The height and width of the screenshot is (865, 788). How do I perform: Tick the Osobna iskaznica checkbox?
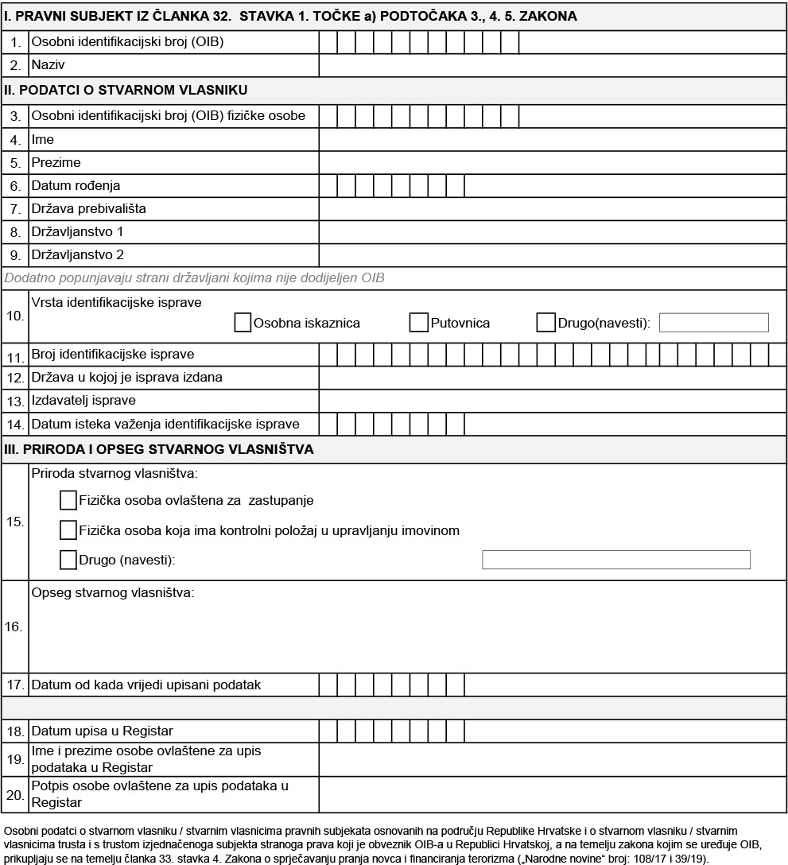pos(243,323)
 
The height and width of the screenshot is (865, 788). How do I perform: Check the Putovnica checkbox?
pos(418,323)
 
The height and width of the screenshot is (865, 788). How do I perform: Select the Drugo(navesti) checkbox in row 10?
pos(545,323)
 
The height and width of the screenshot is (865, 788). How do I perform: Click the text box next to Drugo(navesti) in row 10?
pos(713,323)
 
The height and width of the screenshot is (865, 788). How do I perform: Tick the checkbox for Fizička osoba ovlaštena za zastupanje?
pos(68,501)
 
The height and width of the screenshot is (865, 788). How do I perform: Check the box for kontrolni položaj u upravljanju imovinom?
pos(68,530)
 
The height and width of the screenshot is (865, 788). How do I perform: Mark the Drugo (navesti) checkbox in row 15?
pos(68,560)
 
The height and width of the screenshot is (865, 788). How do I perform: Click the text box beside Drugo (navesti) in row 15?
pos(615,560)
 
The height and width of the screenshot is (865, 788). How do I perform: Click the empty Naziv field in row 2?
pos(552,65)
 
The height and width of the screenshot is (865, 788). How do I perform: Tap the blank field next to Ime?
pos(552,140)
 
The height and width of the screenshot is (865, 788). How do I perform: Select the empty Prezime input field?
pos(552,163)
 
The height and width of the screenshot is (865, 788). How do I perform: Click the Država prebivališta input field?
pos(552,209)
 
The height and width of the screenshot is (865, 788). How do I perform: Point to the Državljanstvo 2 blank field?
pos(552,255)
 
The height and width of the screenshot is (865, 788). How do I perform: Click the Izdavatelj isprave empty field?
pos(552,401)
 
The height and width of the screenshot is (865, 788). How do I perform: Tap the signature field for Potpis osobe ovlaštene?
pos(552,794)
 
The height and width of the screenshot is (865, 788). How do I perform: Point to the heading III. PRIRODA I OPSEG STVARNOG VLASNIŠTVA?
pos(159,450)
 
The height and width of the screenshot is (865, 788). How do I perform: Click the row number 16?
pos(14,627)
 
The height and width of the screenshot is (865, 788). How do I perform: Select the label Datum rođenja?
pos(76,186)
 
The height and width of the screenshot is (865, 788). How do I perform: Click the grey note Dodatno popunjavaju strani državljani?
pos(208,278)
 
